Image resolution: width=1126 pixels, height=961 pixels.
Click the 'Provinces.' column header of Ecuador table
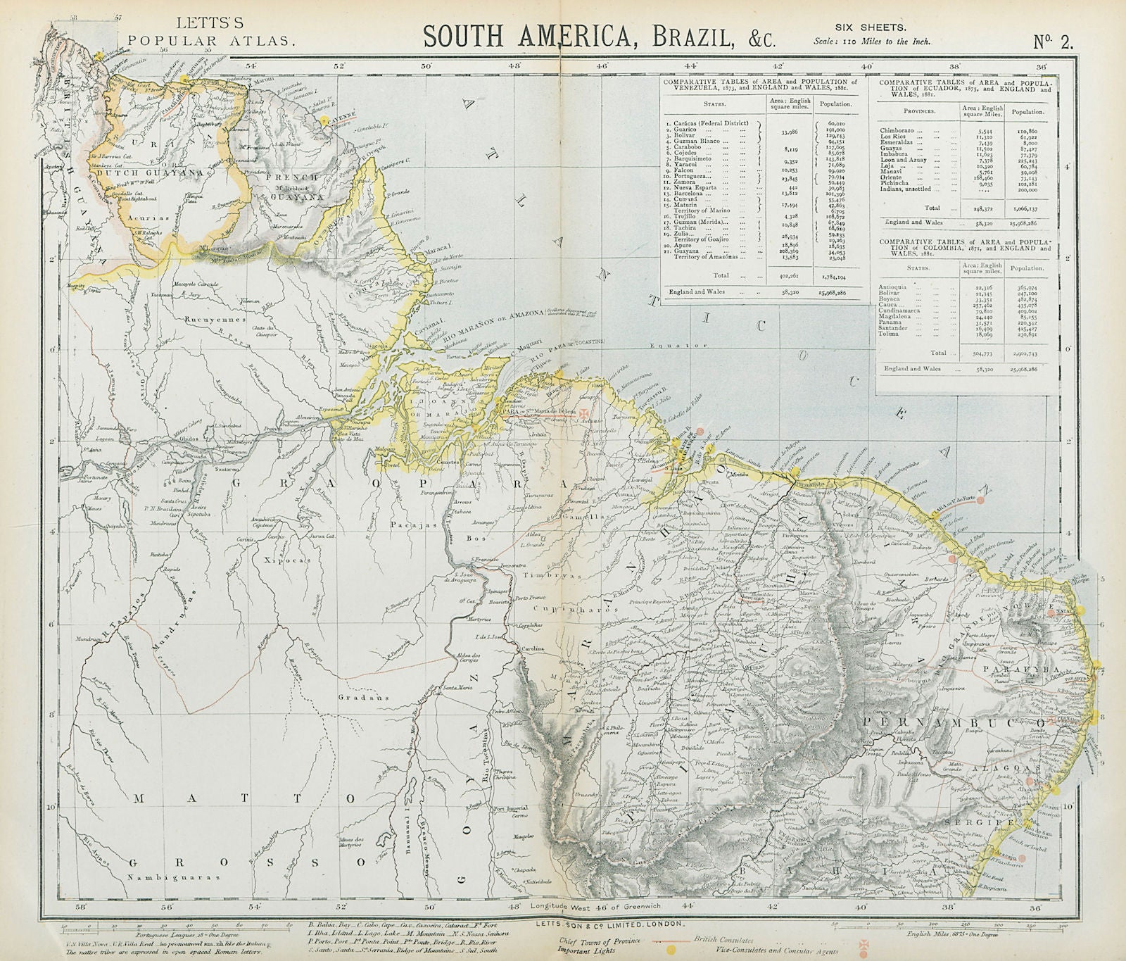coord(913,112)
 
